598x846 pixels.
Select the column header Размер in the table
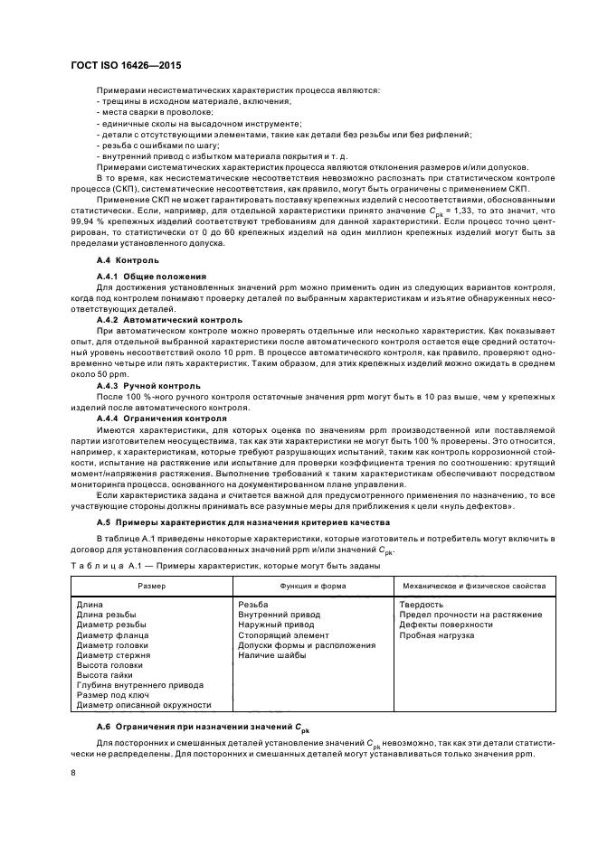pyautogui.click(x=151, y=586)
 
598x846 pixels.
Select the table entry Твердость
pyautogui.click(x=421, y=604)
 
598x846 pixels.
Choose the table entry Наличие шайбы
pyautogui.click(x=271, y=655)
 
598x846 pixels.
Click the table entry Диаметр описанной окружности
pyautogui.click(x=144, y=705)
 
